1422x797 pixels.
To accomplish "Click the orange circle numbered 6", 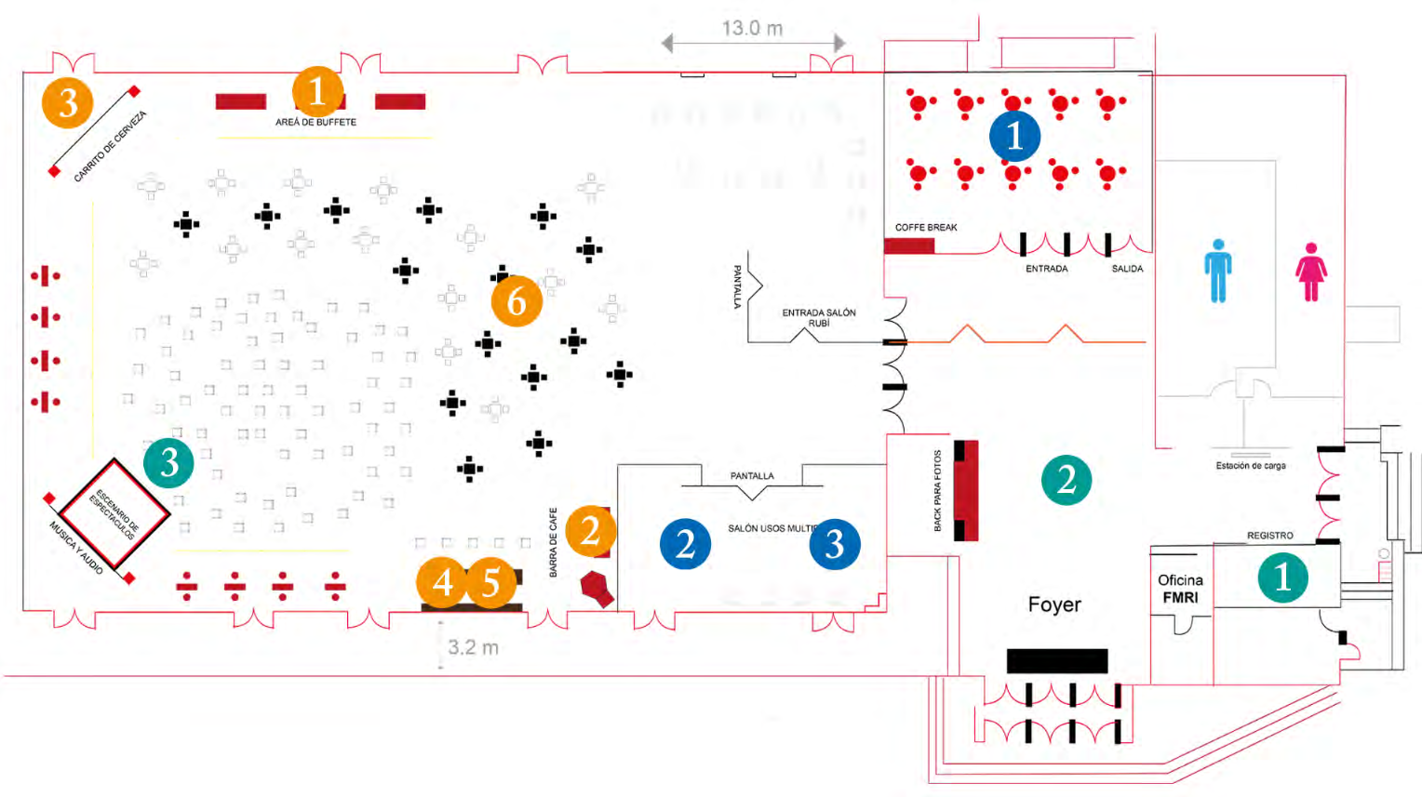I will [516, 300].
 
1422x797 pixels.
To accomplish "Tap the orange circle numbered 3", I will [67, 102].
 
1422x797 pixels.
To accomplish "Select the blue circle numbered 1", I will [1014, 136].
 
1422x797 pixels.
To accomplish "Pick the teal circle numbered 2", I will [1066, 479].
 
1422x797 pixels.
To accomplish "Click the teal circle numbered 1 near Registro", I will [1282, 577].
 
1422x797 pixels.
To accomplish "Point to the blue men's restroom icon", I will [1217, 271].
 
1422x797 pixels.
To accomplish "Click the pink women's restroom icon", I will [1311, 272].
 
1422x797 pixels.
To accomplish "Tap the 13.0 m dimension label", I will [752, 29].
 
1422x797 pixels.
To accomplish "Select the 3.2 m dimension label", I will [473, 647].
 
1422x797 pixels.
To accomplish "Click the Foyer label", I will [1054, 604].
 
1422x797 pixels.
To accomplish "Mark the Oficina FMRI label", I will [1180, 589].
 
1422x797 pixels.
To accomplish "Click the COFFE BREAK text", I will [926, 227].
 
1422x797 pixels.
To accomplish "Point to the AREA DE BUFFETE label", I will [315, 122].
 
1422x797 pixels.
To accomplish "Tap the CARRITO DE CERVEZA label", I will [110, 146].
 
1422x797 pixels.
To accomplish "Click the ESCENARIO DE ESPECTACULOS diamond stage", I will [114, 512].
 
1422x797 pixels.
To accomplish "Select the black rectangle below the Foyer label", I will [1057, 660].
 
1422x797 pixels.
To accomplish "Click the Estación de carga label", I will [1251, 466].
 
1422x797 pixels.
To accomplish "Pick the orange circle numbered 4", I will [442, 582].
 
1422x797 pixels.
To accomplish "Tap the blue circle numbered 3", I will [835, 544].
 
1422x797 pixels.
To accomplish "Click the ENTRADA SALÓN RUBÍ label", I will [818, 317].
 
